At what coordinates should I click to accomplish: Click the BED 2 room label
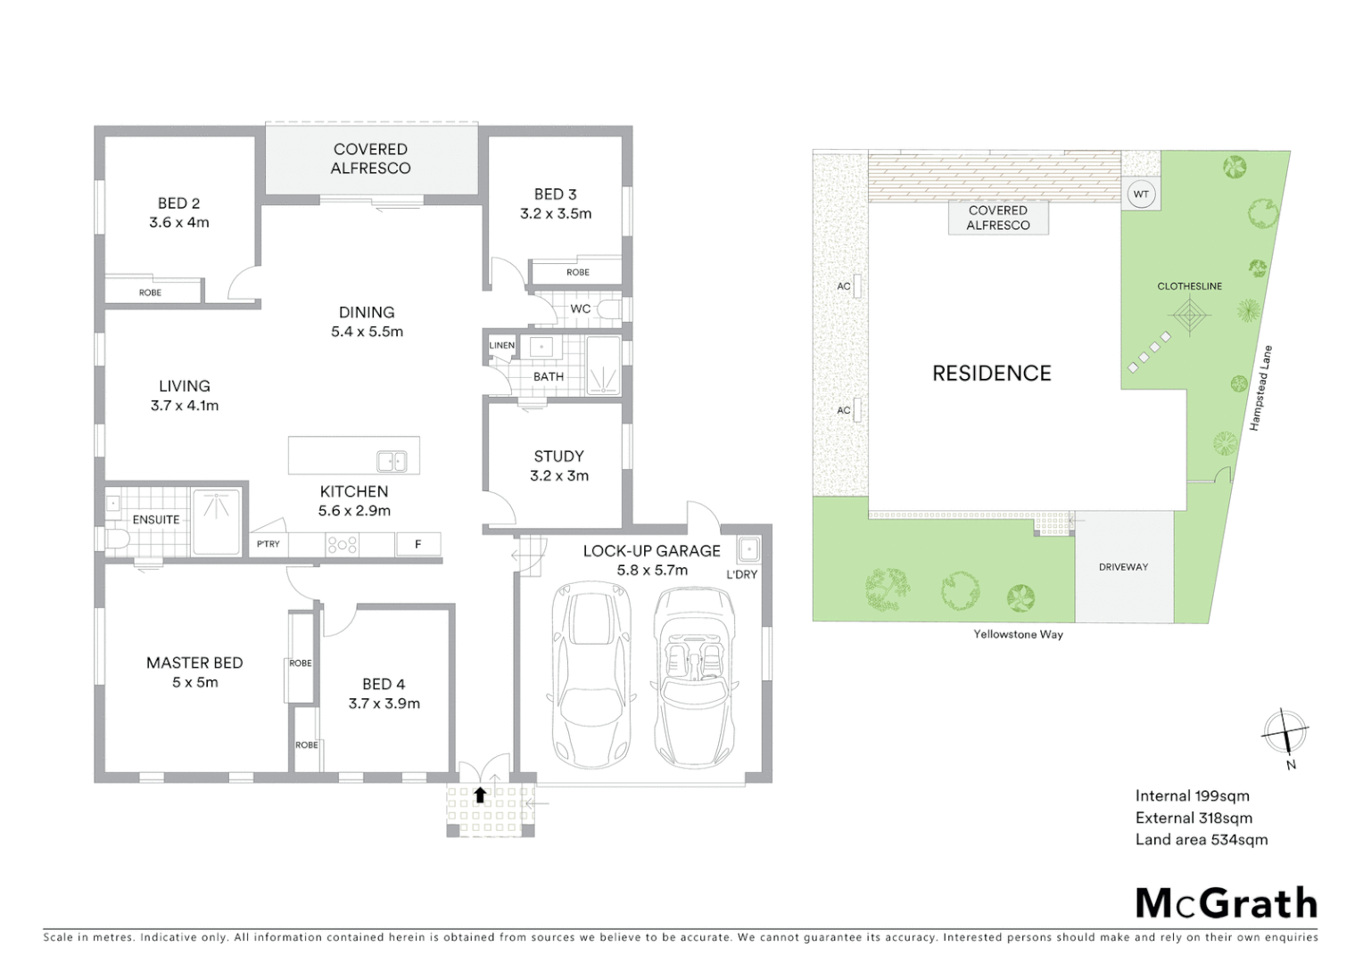178,203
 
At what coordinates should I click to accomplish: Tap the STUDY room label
558,456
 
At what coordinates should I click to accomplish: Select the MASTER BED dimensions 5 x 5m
194,682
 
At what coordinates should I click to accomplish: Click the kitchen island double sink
392,461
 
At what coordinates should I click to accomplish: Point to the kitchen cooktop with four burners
343,544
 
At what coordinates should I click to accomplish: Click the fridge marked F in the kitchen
417,544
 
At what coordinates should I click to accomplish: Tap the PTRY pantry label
268,544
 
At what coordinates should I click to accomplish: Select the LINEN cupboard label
501,345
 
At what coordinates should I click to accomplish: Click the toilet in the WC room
609,309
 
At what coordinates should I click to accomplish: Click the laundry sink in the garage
748,547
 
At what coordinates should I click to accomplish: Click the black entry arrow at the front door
480,794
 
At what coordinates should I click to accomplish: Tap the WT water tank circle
1141,194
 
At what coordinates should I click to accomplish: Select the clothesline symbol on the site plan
1189,316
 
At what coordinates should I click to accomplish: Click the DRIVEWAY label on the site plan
1123,567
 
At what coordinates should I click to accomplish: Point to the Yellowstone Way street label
1018,635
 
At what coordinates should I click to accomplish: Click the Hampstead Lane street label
1260,388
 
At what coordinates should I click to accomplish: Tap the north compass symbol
1285,734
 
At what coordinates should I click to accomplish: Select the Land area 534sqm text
1201,839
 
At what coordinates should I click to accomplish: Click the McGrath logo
1227,903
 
